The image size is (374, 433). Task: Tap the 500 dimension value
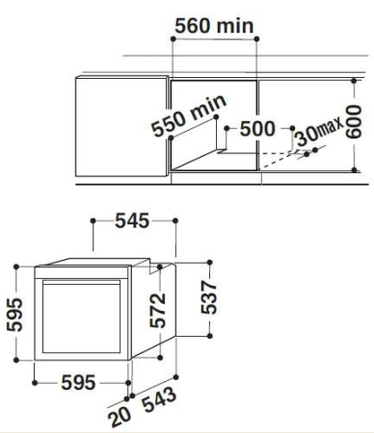[256, 129]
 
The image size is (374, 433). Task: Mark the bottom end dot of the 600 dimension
[356, 170]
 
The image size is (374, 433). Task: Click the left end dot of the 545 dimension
[93, 221]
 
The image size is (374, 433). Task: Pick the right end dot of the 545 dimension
[176, 221]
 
